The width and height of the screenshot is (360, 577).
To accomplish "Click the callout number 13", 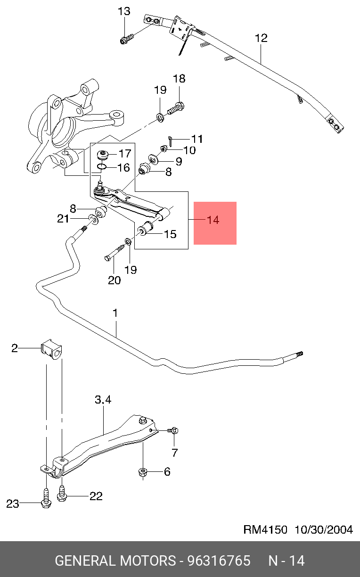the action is [x=124, y=11].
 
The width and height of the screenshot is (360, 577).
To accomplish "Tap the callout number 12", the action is [x=261, y=38].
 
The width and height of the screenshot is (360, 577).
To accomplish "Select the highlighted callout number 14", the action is [x=213, y=220].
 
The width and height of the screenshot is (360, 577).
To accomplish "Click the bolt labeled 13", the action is [x=127, y=38].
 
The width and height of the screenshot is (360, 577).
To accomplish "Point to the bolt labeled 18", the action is [x=176, y=108].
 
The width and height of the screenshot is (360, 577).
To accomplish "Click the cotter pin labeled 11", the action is [x=171, y=141].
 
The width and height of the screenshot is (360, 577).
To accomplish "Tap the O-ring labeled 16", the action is [x=102, y=167].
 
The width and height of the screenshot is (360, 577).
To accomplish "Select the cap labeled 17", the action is [x=103, y=155].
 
